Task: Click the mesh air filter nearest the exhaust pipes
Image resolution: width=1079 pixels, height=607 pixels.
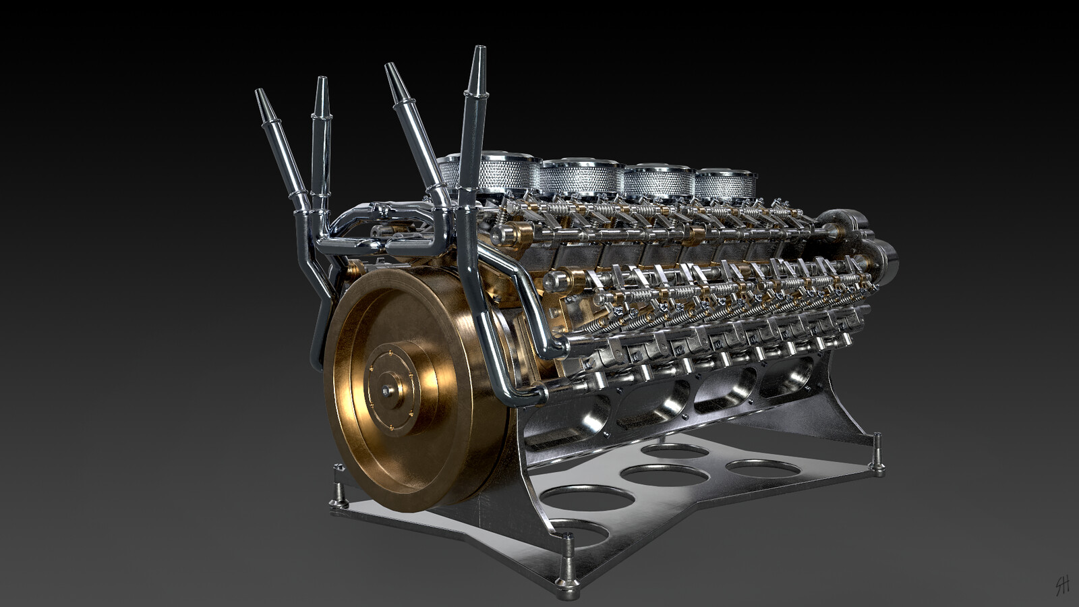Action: point(502,173)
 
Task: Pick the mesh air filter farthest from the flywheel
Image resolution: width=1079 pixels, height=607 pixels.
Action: point(726,184)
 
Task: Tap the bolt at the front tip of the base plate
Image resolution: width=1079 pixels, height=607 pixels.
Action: point(568,585)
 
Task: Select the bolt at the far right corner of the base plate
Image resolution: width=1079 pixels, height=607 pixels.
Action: point(877,462)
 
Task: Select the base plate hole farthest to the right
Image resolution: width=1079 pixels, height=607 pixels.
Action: point(763,468)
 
